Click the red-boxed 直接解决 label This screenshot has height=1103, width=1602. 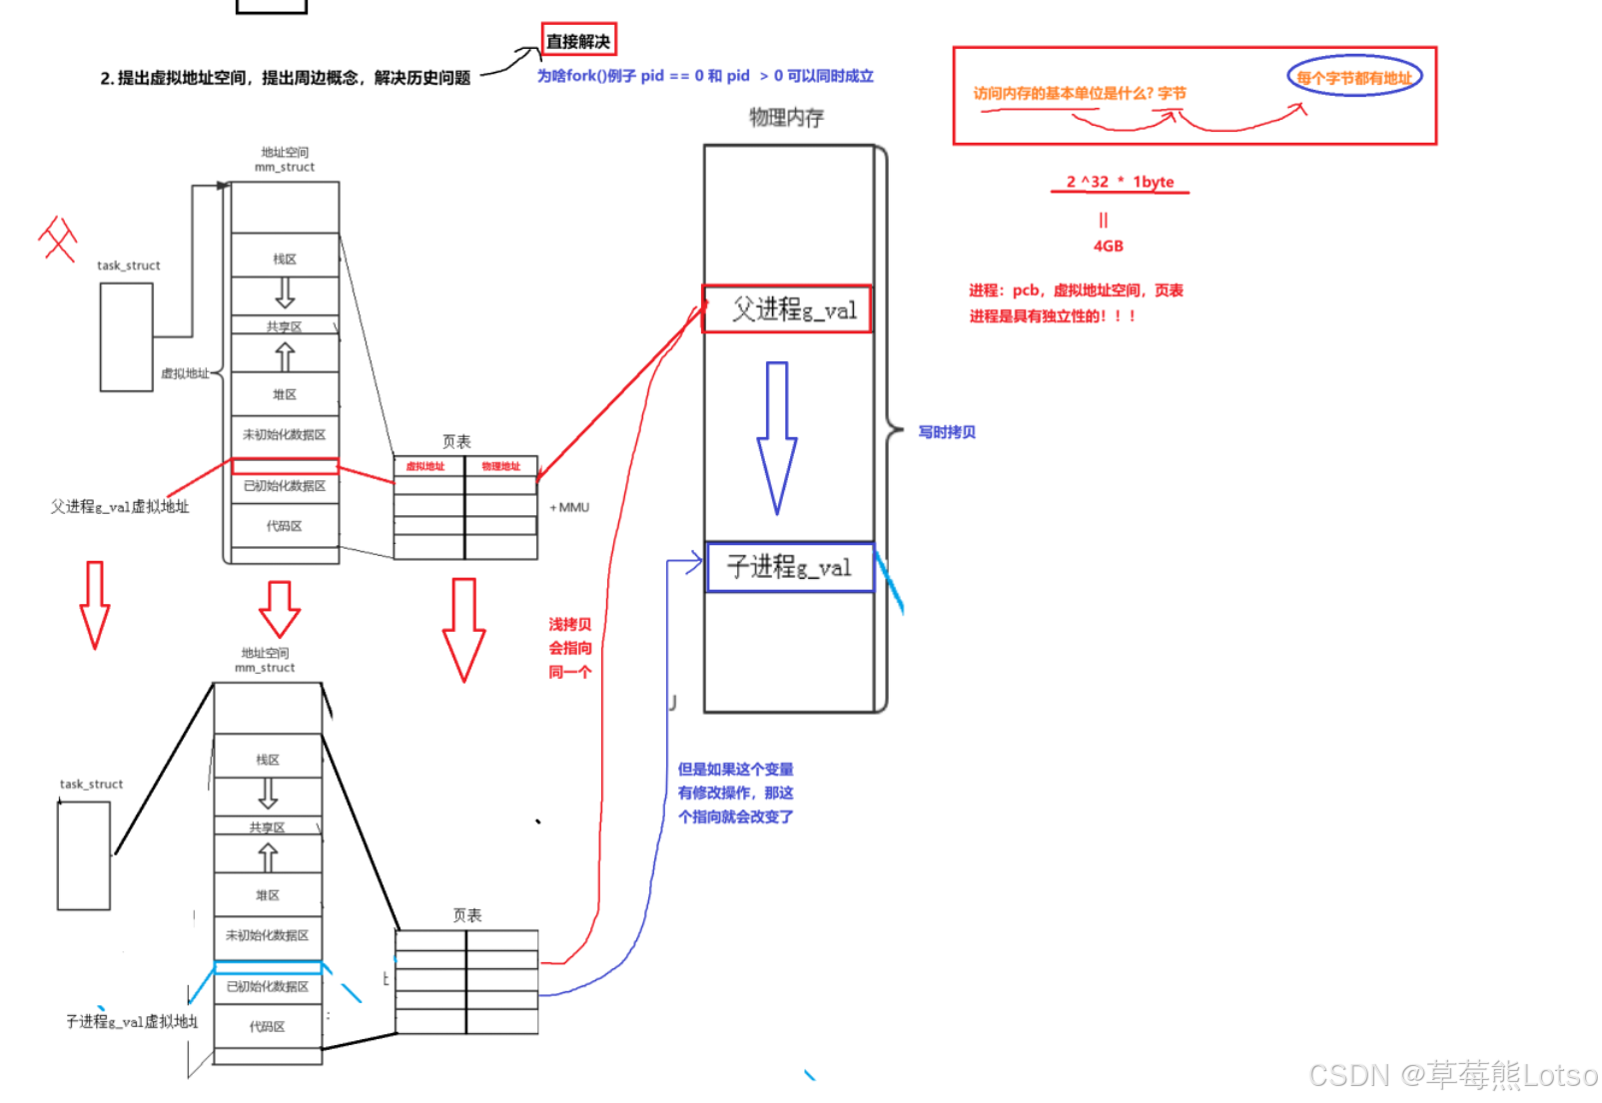[x=578, y=41]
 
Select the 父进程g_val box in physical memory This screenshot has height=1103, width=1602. [x=788, y=309]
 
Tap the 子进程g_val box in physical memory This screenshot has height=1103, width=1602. [x=790, y=567]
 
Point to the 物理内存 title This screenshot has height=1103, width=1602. [x=787, y=118]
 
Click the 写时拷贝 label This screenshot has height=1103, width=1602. [x=947, y=432]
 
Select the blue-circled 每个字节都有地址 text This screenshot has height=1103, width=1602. [x=1353, y=77]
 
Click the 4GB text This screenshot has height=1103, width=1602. [x=1108, y=246]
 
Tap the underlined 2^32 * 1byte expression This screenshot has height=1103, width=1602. [x=1120, y=182]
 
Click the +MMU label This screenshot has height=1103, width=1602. [x=569, y=507]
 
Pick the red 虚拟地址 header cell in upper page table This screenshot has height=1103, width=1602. [x=425, y=466]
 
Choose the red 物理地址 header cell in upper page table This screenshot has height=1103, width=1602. [x=500, y=466]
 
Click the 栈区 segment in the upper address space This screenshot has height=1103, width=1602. [x=285, y=259]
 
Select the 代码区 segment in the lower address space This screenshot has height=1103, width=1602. [x=267, y=1026]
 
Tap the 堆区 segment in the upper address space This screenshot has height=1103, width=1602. [x=285, y=394]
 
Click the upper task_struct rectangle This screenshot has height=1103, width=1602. [x=126, y=337]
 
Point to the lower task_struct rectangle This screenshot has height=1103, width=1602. [x=84, y=856]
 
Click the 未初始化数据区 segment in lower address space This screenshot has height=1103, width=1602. [x=267, y=935]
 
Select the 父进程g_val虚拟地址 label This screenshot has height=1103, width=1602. [x=120, y=507]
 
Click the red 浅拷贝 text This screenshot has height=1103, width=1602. [x=569, y=625]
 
